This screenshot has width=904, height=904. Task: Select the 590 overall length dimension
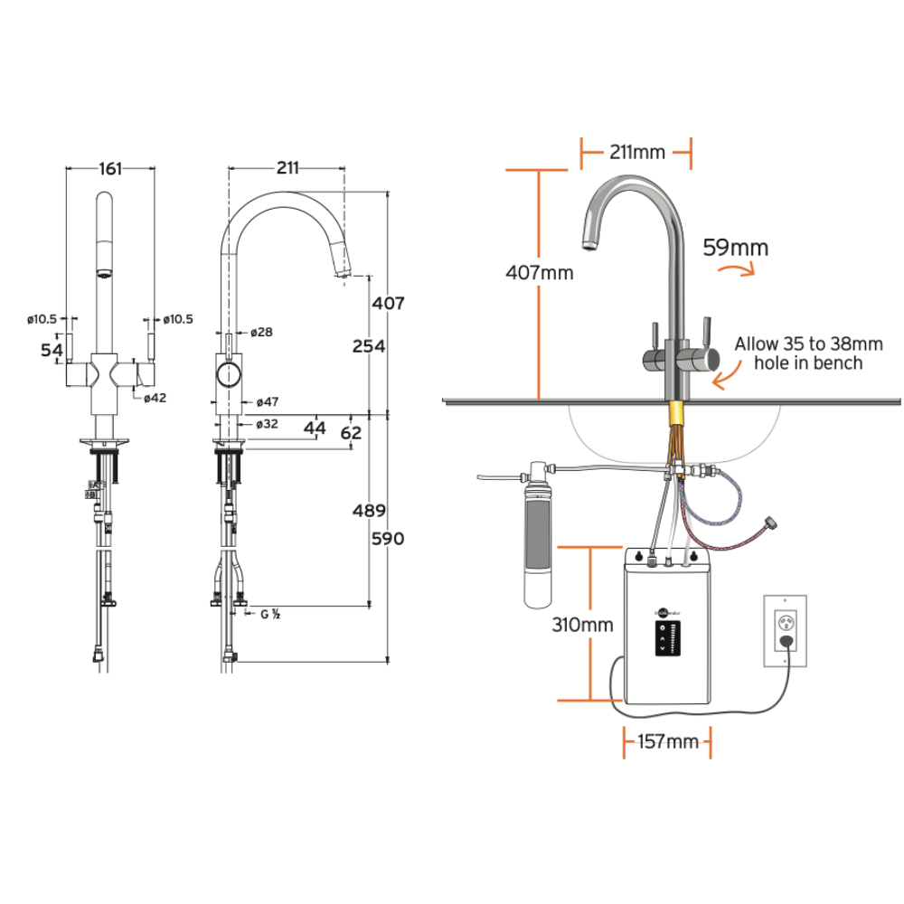[388, 539]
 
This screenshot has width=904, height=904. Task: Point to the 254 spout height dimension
[369, 346]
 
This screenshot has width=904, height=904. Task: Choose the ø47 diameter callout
[266, 401]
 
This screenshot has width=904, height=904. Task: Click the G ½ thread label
[269, 614]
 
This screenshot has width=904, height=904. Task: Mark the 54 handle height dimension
[52, 349]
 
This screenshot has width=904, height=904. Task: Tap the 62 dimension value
[351, 433]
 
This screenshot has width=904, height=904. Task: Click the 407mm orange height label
[539, 271]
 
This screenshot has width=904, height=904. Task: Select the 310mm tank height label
[582, 624]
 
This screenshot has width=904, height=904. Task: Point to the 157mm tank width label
[668, 742]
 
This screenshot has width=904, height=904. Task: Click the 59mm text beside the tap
[736, 247]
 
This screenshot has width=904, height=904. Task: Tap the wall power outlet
[784, 630]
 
